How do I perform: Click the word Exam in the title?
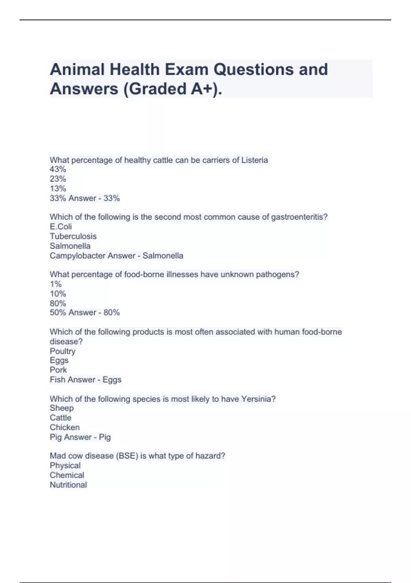point(187,70)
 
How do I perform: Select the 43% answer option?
point(58,169)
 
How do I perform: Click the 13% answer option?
point(58,189)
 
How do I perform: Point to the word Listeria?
point(254,160)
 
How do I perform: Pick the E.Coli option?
point(61,227)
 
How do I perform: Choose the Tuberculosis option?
point(73,236)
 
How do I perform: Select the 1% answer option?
point(56,284)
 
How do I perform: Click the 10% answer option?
point(58,294)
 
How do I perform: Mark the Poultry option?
point(62,351)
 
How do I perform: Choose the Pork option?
point(58,370)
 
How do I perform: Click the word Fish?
point(57,380)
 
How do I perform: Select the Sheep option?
point(62,408)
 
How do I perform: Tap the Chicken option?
point(64,427)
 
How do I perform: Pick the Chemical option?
point(67,475)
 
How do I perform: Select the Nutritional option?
point(68,485)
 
